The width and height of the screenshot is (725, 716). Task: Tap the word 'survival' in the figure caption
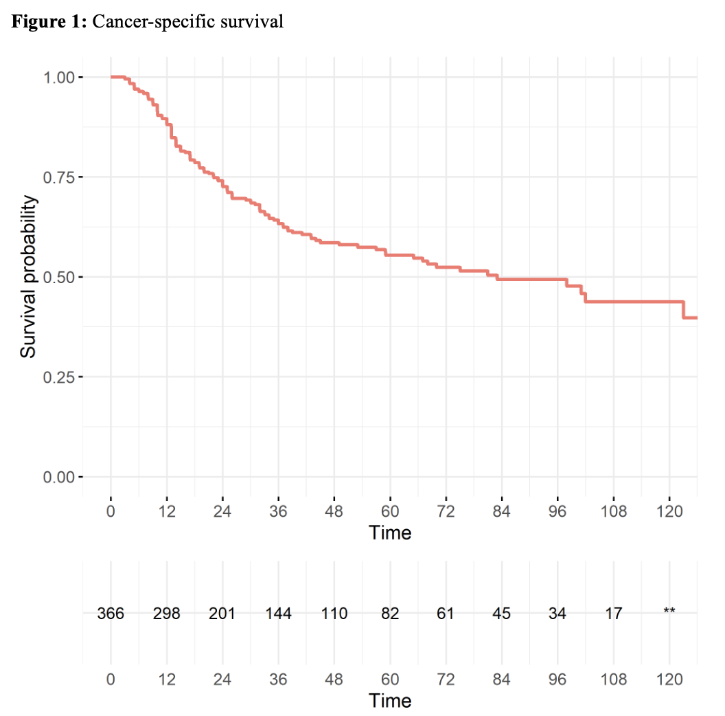pos(257,21)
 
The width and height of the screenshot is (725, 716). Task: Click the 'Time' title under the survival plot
pos(389,533)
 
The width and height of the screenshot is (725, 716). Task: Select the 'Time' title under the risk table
pos(389,701)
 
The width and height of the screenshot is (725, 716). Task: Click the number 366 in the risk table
pos(111,614)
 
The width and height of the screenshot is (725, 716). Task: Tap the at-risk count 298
pos(166,614)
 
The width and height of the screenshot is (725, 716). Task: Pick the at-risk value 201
pos(222,614)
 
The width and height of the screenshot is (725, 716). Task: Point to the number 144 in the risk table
pos(278,614)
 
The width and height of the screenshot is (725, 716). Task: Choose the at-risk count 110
pos(334,614)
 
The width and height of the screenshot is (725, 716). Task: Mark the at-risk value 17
pos(614,614)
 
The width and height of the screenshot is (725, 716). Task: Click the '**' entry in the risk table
pos(669,611)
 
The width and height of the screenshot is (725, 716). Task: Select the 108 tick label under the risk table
pos(614,680)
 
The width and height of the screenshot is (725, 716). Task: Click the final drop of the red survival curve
pos(684,310)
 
